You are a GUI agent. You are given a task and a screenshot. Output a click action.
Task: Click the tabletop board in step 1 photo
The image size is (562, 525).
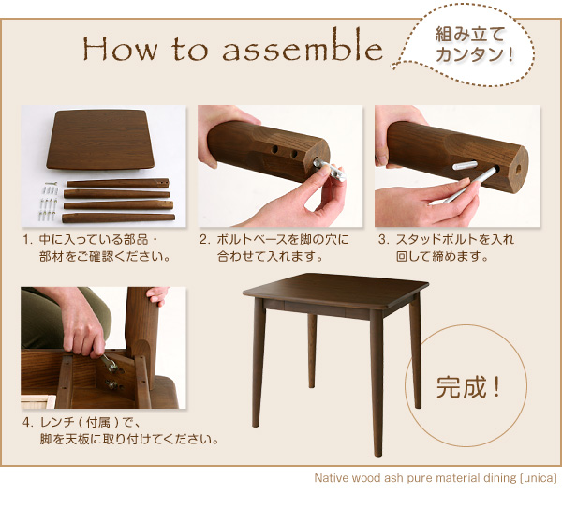tap(100, 140)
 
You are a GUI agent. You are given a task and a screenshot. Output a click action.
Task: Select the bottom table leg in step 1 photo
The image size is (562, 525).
tap(118, 217)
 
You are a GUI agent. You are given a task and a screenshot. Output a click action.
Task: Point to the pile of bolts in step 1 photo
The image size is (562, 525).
tap(48, 201)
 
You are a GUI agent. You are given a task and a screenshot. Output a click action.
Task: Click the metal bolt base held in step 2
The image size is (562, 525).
tap(330, 169)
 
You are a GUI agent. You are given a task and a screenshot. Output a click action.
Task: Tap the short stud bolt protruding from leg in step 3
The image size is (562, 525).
tap(465, 165)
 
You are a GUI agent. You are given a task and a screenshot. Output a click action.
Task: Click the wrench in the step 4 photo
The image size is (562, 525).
tap(109, 363)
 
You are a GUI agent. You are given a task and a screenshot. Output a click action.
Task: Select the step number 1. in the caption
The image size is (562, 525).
tap(28, 239)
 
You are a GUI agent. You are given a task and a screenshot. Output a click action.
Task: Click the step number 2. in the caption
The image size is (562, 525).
tap(204, 239)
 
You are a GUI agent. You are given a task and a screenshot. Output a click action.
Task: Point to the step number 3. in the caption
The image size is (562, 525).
tap(383, 239)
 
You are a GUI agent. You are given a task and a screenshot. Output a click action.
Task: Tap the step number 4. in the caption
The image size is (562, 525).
tap(28, 423)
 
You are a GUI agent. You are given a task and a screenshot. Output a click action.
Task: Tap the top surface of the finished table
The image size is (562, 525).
tap(335, 290)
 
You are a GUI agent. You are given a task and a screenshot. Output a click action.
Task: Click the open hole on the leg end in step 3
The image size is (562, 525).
tap(518, 170)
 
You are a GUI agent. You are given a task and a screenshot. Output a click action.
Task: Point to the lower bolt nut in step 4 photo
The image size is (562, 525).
tap(112, 385)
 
